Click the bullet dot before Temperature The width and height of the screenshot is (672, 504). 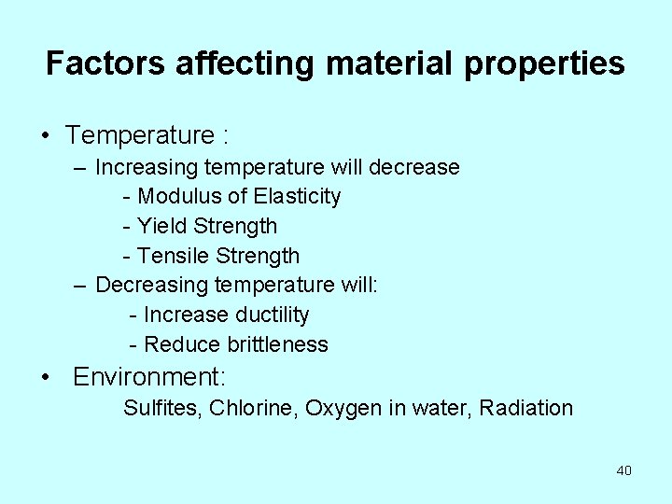tap(45, 136)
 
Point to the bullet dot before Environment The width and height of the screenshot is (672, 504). tap(45, 378)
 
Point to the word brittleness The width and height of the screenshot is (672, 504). tap(277, 345)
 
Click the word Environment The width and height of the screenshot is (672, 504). tap(149, 378)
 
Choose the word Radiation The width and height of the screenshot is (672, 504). tap(526, 409)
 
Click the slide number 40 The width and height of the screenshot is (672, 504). tap(623, 470)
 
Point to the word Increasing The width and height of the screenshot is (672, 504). tap(147, 168)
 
